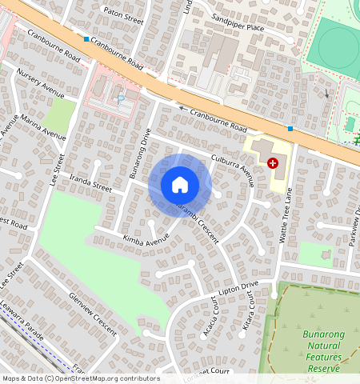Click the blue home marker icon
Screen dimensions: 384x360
(180, 185)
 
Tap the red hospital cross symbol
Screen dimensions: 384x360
(274, 162)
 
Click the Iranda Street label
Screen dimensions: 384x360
(90, 186)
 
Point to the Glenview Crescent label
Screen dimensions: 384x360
(93, 313)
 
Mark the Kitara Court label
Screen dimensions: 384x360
(248, 317)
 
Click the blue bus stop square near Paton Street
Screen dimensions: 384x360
(86, 38)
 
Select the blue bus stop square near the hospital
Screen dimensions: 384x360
(290, 128)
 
